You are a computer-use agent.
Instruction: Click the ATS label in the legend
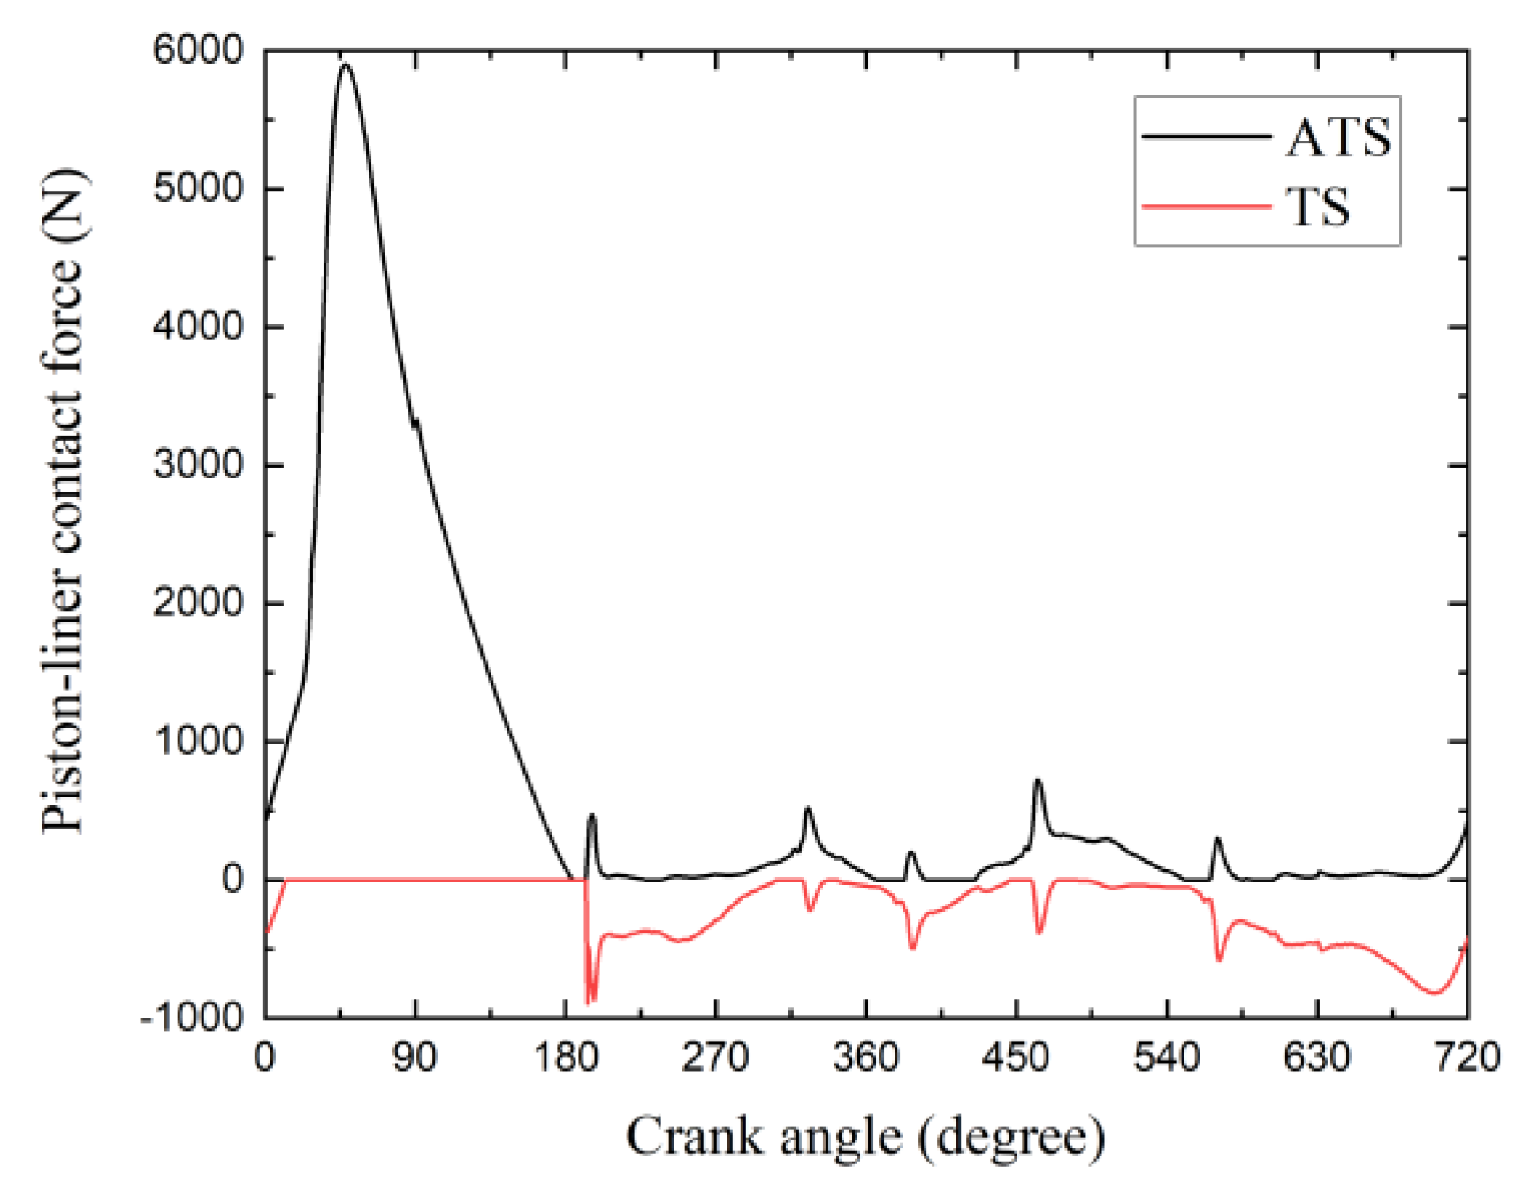[1337, 138]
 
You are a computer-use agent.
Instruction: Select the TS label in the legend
[1317, 208]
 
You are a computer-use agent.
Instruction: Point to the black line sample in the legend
[1206, 136]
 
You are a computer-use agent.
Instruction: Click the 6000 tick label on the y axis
[197, 50]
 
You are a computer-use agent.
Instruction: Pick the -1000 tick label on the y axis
[190, 1018]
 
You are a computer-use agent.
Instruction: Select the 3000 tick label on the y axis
[197, 465]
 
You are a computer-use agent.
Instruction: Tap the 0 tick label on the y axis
[232, 880]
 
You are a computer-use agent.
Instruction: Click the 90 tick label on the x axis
[415, 1057]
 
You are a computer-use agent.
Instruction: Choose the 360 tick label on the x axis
[865, 1057]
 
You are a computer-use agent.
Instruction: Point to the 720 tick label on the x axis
[1466, 1057]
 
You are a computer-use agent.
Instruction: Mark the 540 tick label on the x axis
[1166, 1057]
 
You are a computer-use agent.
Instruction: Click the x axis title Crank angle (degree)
[865, 1137]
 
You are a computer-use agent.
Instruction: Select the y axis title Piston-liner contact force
[64, 500]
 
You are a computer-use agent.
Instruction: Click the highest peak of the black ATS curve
[346, 65]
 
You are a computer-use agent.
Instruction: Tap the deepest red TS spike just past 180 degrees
[588, 1002]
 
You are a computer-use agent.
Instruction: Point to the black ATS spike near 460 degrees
[1038, 781]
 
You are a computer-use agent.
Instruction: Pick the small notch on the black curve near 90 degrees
[415, 423]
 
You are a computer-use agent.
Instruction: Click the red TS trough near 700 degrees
[1435, 993]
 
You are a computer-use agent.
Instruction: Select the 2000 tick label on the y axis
[197, 604]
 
